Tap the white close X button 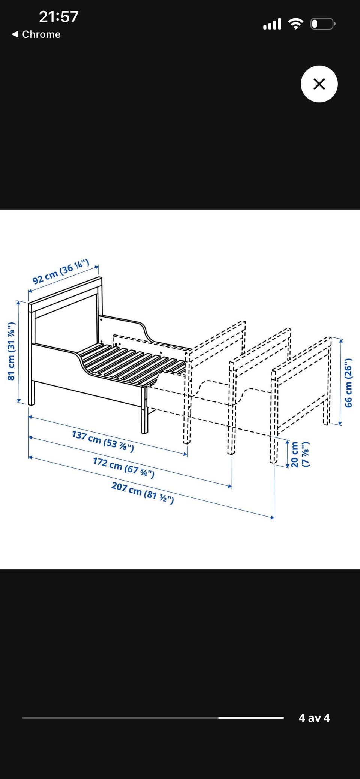pos(319,84)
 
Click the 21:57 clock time pos(59,17)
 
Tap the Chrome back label pos(41,34)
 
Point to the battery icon pos(323,24)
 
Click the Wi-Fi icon pos(296,24)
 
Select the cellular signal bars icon pos(272,24)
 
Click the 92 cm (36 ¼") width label pos(61,271)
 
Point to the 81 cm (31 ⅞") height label pos(11,351)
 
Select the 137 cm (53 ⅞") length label pos(103,441)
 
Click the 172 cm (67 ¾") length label pos(124,468)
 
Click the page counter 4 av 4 pos(314,718)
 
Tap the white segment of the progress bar pos(251,718)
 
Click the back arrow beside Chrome pos(15,34)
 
